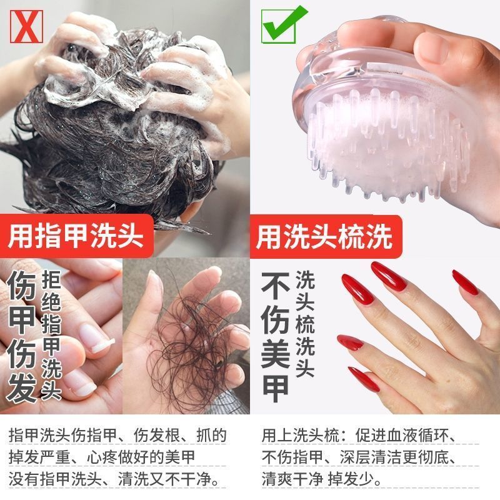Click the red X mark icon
26,26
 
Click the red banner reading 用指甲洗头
76,236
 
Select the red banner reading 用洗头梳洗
324,236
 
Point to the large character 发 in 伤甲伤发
21,387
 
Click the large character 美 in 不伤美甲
276,354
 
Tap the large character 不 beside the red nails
276,286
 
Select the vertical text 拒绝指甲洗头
51,335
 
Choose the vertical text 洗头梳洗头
305,324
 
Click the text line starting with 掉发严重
102,457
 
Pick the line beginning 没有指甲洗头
114,479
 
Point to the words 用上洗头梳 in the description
301,435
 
